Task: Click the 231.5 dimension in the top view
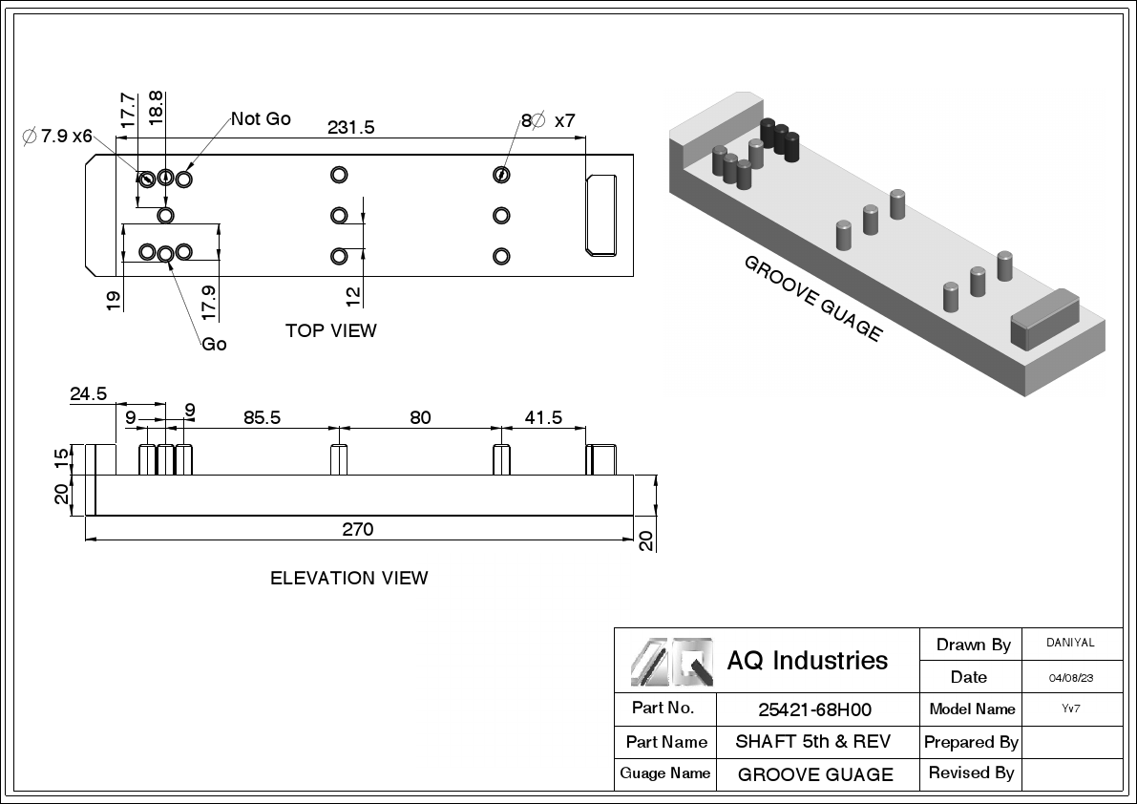click(350, 127)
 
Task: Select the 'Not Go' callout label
click(261, 119)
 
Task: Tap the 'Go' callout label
click(214, 344)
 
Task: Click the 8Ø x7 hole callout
click(548, 120)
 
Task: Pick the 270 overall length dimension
click(358, 529)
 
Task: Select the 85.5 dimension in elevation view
click(262, 417)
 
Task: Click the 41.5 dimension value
click(541, 417)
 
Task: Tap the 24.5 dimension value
click(88, 393)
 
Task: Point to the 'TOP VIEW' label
click(330, 330)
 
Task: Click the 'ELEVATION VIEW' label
click(348, 578)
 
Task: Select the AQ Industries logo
click(671, 661)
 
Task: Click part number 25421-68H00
click(814, 709)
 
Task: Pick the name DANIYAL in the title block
click(1071, 644)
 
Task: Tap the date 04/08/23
click(1071, 678)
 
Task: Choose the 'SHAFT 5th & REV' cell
click(812, 742)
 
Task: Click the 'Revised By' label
click(971, 772)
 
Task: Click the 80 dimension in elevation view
click(420, 417)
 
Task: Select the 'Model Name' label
click(971, 709)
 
